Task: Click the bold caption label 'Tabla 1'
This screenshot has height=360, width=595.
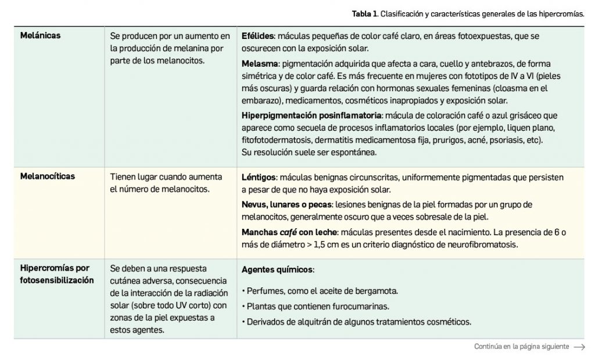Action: [363, 13]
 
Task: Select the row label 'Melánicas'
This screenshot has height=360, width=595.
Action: [41, 36]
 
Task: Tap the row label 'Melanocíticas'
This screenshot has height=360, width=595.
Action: [48, 177]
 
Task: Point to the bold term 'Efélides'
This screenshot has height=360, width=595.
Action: [257, 36]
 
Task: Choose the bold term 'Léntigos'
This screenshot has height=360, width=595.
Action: [258, 177]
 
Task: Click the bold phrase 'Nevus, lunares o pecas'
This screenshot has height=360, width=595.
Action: [285, 204]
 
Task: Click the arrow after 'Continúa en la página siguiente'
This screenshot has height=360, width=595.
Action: [579, 347]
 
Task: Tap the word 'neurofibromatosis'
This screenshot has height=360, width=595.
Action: [483, 244]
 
